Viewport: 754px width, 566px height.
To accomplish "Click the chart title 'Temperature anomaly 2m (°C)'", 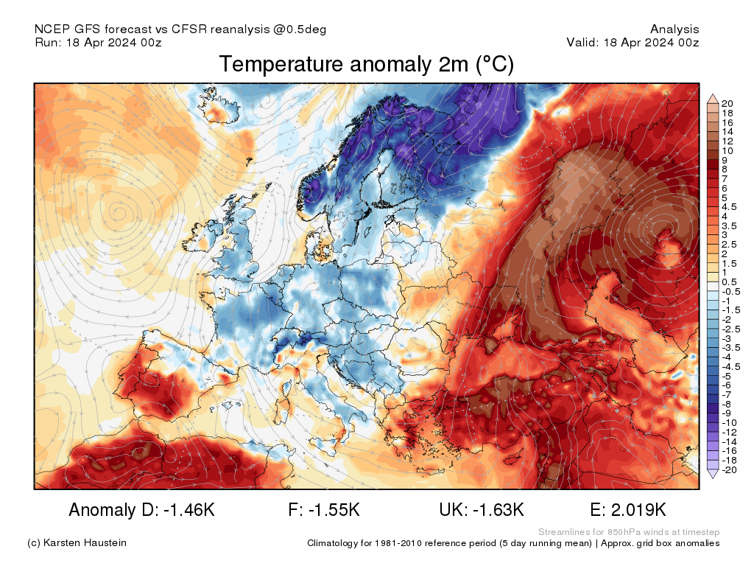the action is (367, 65).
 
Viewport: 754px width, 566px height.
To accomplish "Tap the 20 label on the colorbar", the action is (727, 103).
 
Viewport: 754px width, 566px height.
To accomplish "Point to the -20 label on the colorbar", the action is (729, 469).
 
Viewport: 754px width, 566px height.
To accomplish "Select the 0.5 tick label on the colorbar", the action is (729, 282).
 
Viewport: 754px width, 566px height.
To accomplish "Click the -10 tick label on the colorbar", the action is (729, 422).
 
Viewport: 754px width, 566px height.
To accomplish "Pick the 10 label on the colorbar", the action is (727, 150).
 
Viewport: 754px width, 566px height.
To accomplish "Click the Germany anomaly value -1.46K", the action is (189, 510).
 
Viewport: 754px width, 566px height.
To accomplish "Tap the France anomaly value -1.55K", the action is (334, 510).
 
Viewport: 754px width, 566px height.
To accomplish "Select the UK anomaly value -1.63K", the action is (498, 510).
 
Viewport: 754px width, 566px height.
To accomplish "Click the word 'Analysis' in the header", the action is (674, 29).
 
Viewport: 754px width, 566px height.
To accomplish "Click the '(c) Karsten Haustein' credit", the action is (77, 543).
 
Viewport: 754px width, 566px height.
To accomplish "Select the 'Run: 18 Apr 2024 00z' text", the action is (98, 42).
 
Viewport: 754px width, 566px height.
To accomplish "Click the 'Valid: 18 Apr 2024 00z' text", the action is (633, 42).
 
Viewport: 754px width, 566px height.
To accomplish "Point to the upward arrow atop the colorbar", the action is (713, 99).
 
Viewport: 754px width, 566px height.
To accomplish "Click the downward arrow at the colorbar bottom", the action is (713, 474).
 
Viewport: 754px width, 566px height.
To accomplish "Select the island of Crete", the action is (434, 471).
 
